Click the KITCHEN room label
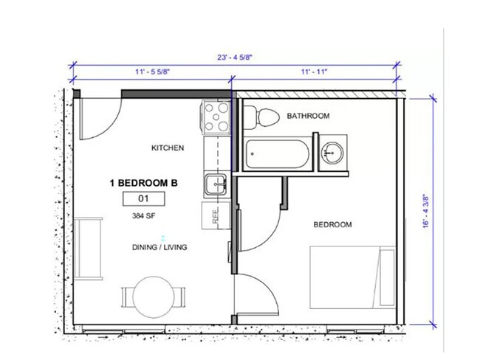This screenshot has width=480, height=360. (168, 148)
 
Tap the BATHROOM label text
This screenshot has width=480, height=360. (308, 116)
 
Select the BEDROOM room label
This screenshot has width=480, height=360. (332, 224)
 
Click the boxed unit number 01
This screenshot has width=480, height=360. (143, 198)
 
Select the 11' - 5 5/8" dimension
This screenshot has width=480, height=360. (154, 72)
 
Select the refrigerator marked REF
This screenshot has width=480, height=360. (216, 215)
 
